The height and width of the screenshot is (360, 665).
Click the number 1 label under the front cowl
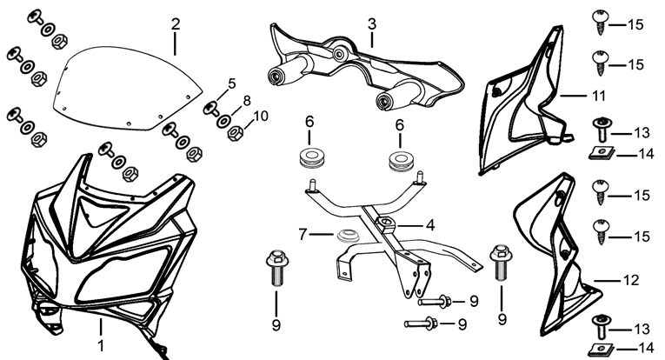(101, 345)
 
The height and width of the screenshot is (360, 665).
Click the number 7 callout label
(302, 234)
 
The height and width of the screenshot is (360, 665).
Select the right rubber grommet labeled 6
(400, 160)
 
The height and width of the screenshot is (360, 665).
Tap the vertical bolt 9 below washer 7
(276, 270)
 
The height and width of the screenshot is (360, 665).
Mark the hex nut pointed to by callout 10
(234, 135)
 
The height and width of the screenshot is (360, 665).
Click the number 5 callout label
(231, 84)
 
